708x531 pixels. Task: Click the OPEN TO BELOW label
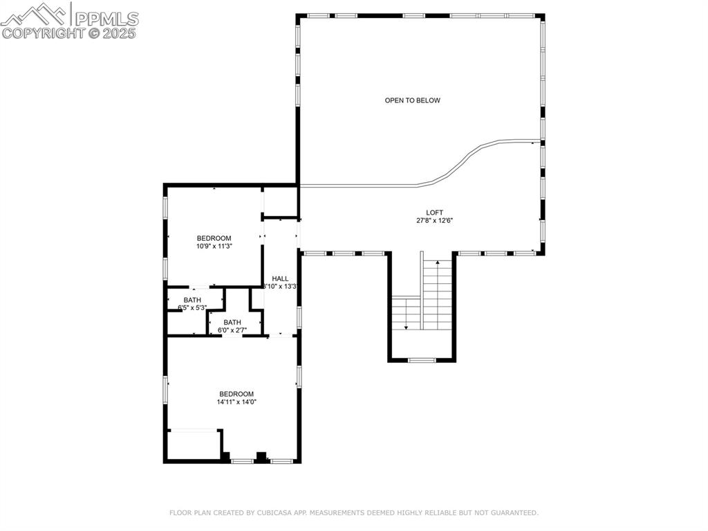click(x=412, y=100)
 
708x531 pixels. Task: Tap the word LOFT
click(x=434, y=213)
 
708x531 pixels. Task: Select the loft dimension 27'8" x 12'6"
click(x=434, y=221)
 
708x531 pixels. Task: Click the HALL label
click(x=280, y=278)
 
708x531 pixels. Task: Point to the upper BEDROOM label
click(x=214, y=238)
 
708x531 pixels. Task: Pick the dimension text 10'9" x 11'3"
click(x=214, y=246)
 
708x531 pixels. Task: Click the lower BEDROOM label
click(x=236, y=394)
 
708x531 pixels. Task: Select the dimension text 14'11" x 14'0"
click(x=236, y=402)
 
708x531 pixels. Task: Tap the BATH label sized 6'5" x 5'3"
click(x=192, y=300)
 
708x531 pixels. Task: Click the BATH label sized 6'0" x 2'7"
click(x=232, y=322)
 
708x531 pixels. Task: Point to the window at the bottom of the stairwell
click(x=421, y=360)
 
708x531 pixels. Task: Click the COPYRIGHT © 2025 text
click(x=69, y=33)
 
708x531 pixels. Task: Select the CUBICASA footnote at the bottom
click(x=353, y=513)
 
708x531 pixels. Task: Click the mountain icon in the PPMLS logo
click(x=35, y=13)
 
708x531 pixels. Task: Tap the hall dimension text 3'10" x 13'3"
click(x=281, y=287)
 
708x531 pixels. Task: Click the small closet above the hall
click(x=280, y=201)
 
